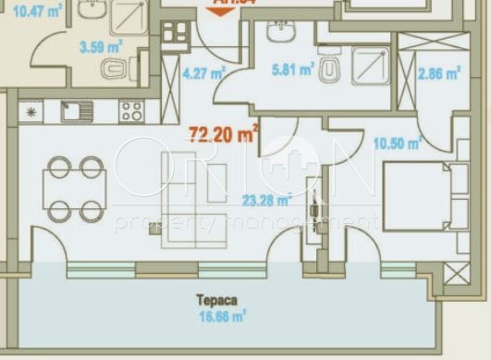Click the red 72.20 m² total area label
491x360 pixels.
coord(223,135)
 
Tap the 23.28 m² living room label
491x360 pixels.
coord(266,198)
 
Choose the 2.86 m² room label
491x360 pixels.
coord(439,76)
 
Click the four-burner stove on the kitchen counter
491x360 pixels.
coord(131,112)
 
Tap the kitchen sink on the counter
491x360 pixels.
coord(77,112)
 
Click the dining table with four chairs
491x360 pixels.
coord(76,189)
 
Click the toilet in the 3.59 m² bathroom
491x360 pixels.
coord(113,68)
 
